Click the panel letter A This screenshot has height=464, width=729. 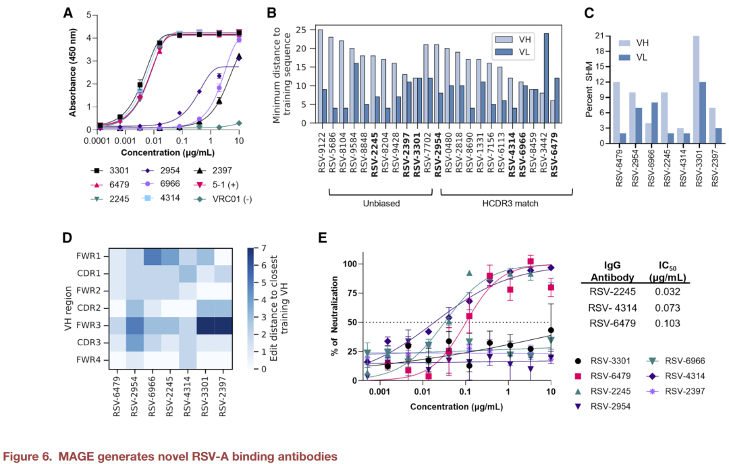tap(68, 13)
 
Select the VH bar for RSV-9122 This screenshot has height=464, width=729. tap(319, 76)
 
